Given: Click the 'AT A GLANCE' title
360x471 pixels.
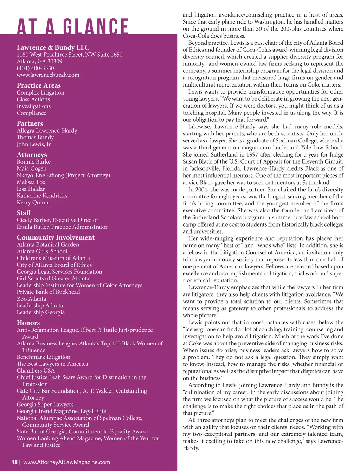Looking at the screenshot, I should [73, 27].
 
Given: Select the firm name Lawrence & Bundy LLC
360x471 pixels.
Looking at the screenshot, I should [53, 47].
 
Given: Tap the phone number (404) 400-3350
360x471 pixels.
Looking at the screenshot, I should [35, 68].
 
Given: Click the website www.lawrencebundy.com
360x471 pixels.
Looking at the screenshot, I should [48, 75].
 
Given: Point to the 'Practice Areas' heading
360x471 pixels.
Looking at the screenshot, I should [39, 85].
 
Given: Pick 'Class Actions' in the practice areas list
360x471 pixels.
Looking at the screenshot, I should [33, 100].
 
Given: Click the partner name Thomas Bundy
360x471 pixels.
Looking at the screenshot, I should [35, 138].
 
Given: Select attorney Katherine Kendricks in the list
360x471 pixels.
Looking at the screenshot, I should [42, 196].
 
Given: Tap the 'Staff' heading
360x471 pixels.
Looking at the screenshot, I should [24, 213].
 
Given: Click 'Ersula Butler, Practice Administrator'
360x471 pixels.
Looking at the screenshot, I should [62, 227].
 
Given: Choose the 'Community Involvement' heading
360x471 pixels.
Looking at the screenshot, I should [56, 237].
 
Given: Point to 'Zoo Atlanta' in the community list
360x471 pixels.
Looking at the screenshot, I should [31, 299].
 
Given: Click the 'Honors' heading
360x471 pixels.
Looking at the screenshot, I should [28, 323].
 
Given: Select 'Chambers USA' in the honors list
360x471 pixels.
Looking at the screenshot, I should [36, 370].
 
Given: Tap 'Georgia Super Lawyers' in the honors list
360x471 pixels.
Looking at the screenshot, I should [45, 405].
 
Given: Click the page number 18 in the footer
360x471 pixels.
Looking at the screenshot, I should [14, 462].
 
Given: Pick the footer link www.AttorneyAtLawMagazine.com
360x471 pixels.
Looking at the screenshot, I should [66, 462].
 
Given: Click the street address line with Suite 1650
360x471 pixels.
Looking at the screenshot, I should [70, 55].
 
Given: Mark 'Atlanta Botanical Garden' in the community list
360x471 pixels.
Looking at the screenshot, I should [48, 244].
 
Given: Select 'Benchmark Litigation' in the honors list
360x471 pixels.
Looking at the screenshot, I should [43, 357].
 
